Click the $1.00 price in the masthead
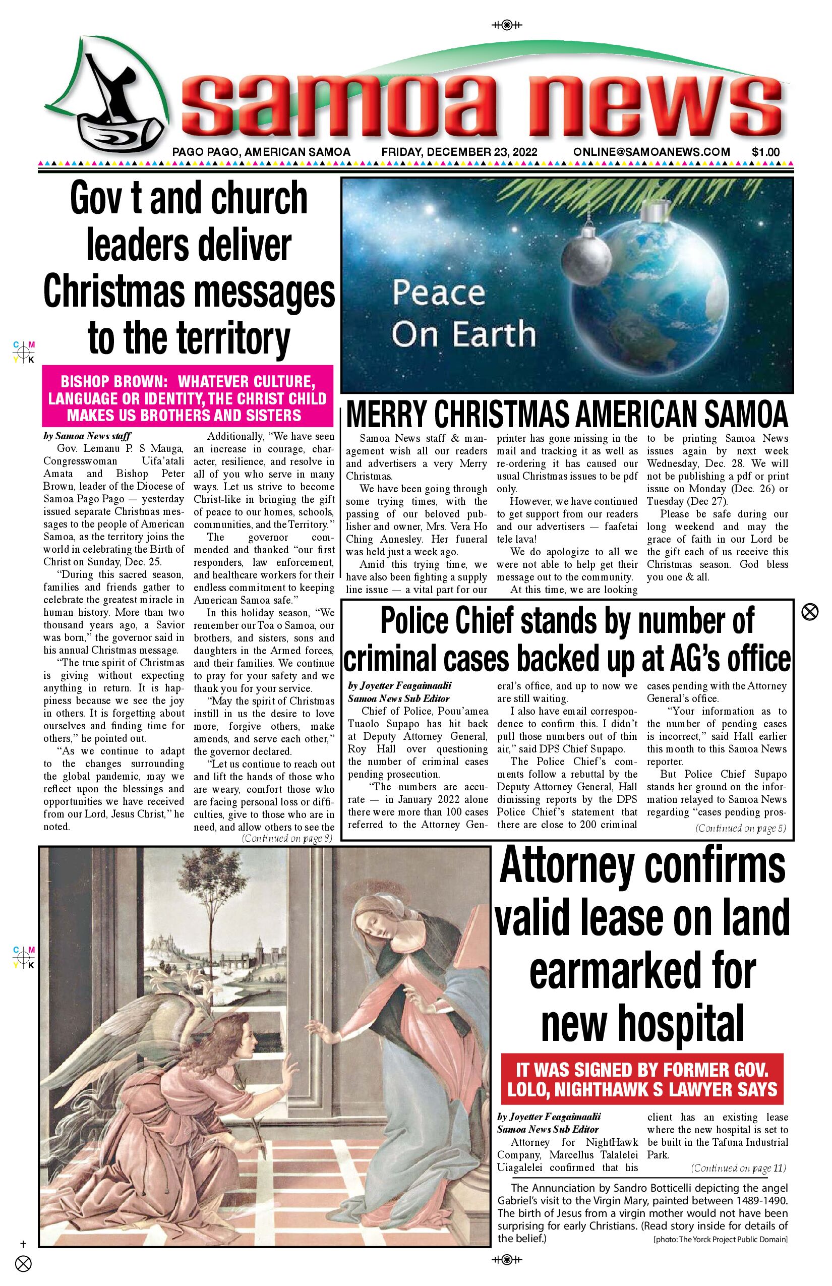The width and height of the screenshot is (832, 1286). [765, 152]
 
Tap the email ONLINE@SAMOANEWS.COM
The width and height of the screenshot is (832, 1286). [651, 152]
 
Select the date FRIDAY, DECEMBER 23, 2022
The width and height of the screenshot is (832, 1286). [459, 152]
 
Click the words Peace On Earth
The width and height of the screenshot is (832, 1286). [463, 313]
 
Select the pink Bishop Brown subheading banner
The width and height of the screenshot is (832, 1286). [188, 398]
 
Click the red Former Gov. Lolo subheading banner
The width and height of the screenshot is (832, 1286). [642, 1080]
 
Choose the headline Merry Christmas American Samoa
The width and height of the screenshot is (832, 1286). [567, 416]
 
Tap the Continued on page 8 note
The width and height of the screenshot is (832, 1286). [287, 839]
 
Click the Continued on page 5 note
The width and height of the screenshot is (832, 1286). [741, 828]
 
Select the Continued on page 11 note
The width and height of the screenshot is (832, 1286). [739, 1168]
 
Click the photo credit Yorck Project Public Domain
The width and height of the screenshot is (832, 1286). [720, 1240]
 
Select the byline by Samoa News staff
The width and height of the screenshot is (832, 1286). [88, 436]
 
